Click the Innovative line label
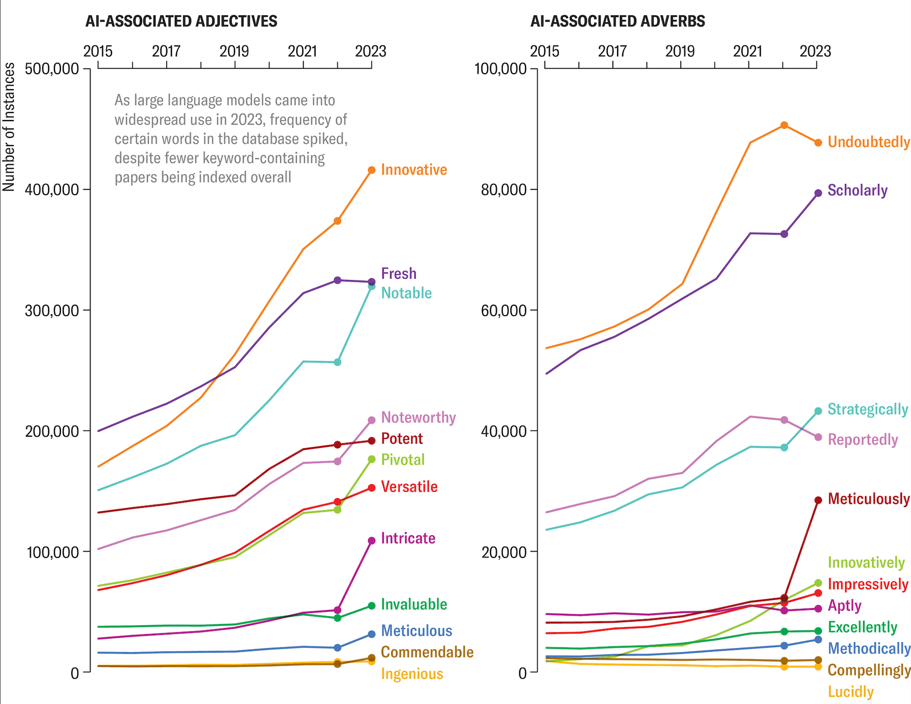(x=413, y=170)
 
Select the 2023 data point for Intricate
(x=371, y=541)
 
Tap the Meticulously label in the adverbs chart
(x=868, y=499)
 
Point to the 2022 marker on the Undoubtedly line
(x=784, y=125)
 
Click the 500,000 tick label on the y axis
(x=52, y=69)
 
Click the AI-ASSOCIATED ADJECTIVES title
(x=181, y=21)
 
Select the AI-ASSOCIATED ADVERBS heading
(x=617, y=21)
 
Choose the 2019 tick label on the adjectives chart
(x=234, y=51)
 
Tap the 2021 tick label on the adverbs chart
(x=748, y=51)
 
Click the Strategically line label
(x=868, y=409)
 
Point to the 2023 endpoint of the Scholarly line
(x=818, y=193)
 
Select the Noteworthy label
(x=418, y=418)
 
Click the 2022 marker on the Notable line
(x=337, y=362)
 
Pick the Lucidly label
(x=851, y=692)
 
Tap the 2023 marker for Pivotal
(x=371, y=459)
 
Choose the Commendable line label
(x=427, y=652)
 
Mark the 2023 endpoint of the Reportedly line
(x=818, y=437)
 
